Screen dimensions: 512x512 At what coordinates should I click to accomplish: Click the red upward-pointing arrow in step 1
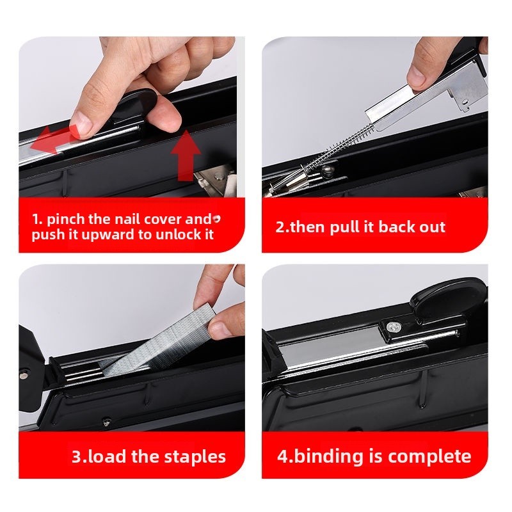(x=186, y=156)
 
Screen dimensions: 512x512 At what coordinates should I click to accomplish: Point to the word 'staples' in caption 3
(x=195, y=456)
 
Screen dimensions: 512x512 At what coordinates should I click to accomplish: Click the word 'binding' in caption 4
(x=329, y=457)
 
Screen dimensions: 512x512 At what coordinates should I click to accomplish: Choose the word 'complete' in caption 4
(x=429, y=456)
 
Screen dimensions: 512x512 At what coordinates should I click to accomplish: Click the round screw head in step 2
(x=328, y=170)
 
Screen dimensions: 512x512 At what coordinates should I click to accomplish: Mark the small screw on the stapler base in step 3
(x=106, y=422)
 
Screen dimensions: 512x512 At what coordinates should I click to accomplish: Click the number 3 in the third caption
(x=77, y=457)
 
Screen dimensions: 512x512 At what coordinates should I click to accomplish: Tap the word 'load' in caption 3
(x=107, y=456)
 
